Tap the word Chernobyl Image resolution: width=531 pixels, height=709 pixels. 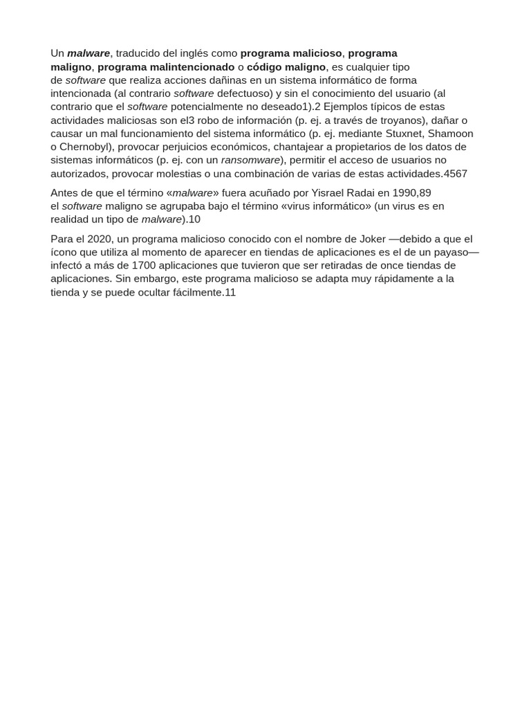[86, 147]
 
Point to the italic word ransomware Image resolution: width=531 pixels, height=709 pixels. [250, 160]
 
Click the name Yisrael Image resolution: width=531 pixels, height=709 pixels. [330, 192]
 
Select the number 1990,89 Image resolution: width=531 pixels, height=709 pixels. [411, 192]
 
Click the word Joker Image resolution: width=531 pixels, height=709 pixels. [373, 239]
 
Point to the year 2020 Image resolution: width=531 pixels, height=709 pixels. [100, 239]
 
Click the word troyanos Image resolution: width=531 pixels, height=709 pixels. [399, 120]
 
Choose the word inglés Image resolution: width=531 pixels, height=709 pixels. [198, 53]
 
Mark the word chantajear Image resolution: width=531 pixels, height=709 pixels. [301, 147]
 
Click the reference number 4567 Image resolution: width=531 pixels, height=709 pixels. [455, 173]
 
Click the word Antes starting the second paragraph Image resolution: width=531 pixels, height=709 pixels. [64, 192]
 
